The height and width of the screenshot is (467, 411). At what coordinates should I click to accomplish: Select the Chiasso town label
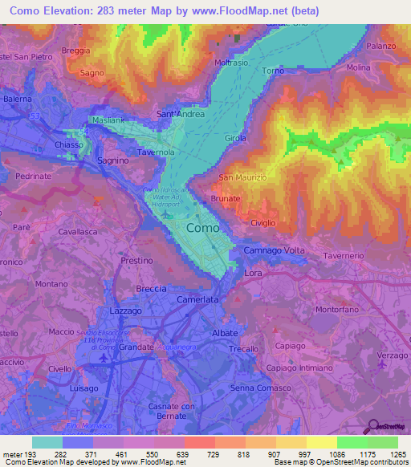[68, 144]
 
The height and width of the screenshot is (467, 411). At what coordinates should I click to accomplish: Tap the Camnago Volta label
[275, 251]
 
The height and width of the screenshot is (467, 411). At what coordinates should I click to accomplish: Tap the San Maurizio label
[248, 177]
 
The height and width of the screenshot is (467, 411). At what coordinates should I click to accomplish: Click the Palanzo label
[382, 46]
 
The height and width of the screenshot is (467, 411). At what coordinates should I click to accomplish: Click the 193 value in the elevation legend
[31, 454]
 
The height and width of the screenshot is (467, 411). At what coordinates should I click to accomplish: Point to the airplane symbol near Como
[165, 213]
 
